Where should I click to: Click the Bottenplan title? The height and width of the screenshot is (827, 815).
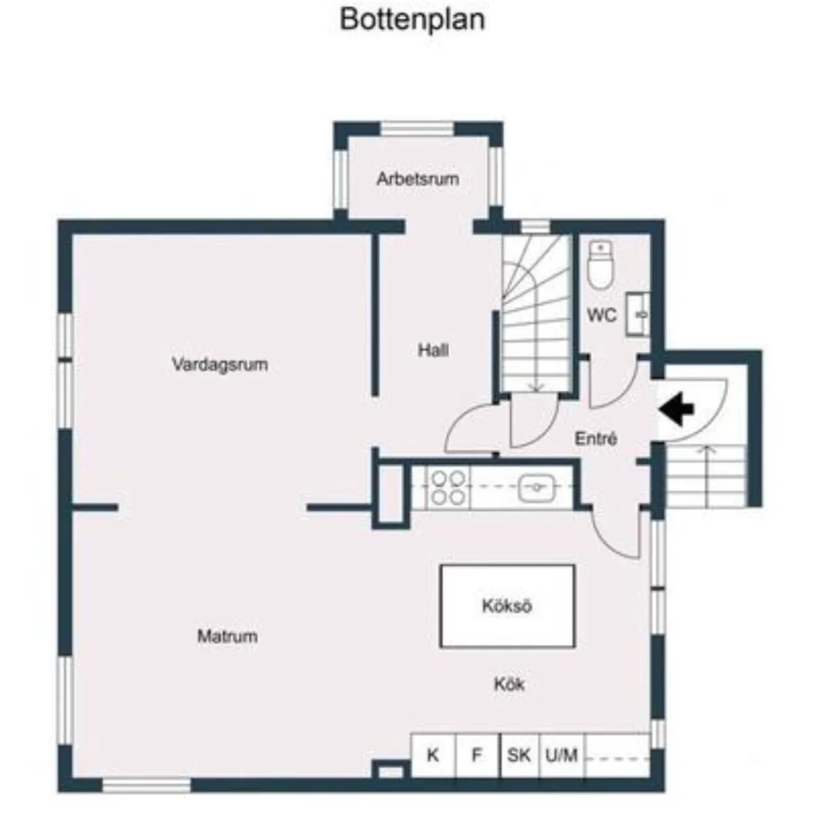pyautogui.click(x=412, y=20)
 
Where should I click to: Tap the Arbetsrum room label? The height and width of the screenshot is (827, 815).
pyautogui.click(x=418, y=179)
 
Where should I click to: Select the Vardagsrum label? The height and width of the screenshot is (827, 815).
pyautogui.click(x=220, y=365)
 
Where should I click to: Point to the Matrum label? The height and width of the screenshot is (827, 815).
pyautogui.click(x=227, y=636)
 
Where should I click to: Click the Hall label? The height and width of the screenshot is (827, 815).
pyautogui.click(x=433, y=350)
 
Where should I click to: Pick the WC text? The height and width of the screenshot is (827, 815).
pyautogui.click(x=602, y=316)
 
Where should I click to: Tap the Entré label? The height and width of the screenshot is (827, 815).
pyautogui.click(x=596, y=439)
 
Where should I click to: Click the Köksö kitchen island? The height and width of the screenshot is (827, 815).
pyautogui.click(x=507, y=606)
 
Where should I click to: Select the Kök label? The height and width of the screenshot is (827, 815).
pyautogui.click(x=509, y=684)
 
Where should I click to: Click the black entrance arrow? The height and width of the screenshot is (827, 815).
pyautogui.click(x=676, y=409)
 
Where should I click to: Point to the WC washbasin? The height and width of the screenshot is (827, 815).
pyautogui.click(x=638, y=314)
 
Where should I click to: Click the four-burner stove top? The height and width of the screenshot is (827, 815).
pyautogui.click(x=448, y=488)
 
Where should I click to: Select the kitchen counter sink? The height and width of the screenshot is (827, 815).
pyautogui.click(x=537, y=488)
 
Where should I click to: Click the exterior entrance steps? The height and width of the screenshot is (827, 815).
pyautogui.click(x=706, y=475)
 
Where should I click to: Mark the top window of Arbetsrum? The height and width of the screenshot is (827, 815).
pyautogui.click(x=418, y=128)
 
